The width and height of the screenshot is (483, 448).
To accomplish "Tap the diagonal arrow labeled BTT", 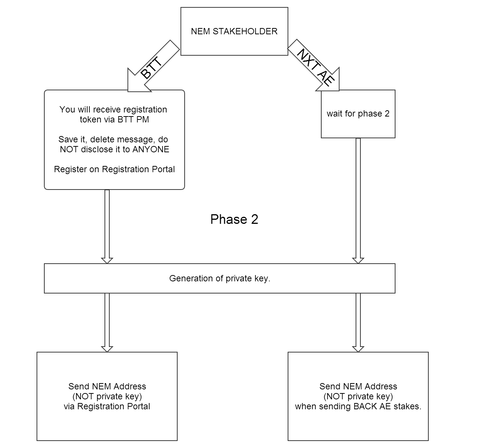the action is (x=154, y=66).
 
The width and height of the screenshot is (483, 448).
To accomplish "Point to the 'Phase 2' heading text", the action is (x=234, y=219).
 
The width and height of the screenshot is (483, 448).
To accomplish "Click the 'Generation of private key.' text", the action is (x=220, y=278).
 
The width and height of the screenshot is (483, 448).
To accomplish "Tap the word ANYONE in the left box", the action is (x=151, y=149).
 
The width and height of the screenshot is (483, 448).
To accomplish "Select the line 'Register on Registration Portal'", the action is (x=114, y=169).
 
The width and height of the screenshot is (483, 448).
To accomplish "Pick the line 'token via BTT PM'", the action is (x=114, y=119).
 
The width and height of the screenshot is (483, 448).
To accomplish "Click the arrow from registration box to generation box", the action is (x=107, y=227).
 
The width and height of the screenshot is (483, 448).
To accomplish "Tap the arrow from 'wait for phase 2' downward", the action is (x=358, y=201).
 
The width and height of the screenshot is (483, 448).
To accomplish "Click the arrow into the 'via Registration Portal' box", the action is (x=107, y=323).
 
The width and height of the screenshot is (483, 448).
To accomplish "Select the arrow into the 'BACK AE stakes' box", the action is (x=358, y=323).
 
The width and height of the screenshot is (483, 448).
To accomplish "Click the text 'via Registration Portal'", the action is (x=107, y=406).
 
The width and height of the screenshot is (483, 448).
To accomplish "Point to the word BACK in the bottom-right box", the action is (x=364, y=406).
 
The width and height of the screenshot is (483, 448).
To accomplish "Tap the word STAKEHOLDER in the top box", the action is (x=245, y=31).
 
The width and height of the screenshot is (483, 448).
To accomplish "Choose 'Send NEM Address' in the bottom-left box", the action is (x=107, y=386).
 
